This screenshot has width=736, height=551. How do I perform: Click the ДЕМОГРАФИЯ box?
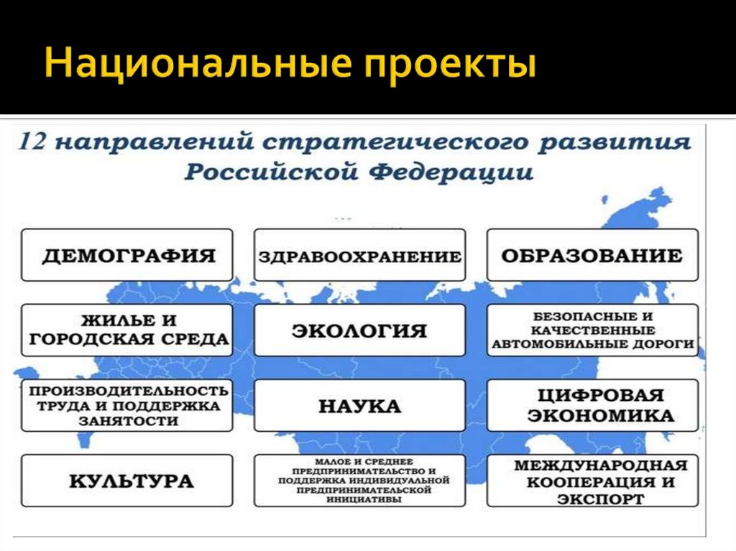(x=127, y=255)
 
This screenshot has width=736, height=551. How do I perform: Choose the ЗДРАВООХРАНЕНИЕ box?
(x=359, y=256)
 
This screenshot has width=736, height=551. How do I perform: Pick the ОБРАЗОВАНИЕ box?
(x=592, y=255)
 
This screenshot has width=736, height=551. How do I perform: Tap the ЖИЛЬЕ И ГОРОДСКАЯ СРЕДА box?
(x=127, y=330)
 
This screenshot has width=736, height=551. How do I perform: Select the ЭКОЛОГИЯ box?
(x=359, y=330)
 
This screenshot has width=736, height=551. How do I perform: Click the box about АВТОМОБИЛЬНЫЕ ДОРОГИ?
(x=592, y=330)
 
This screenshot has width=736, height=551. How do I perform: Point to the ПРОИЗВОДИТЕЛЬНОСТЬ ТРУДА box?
(x=127, y=405)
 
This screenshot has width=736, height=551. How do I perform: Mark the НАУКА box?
(x=359, y=405)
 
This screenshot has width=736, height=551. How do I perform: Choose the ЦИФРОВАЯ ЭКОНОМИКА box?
(x=592, y=405)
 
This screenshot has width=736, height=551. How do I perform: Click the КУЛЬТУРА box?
(x=127, y=481)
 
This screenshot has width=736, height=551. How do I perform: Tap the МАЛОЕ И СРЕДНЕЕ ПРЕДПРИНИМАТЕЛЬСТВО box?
(x=359, y=481)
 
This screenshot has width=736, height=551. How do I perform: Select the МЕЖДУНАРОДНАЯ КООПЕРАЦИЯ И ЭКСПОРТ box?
(x=592, y=481)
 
